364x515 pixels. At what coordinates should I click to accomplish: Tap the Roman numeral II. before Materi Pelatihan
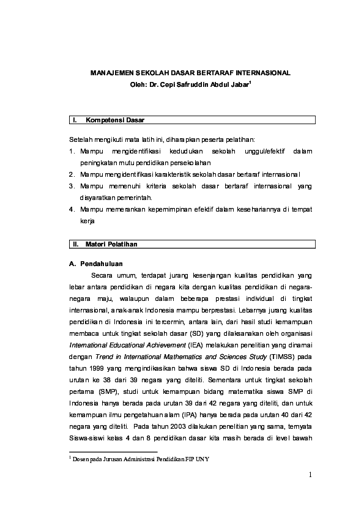tap(76, 244)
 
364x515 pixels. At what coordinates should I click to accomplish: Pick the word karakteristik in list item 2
tap(179, 174)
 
